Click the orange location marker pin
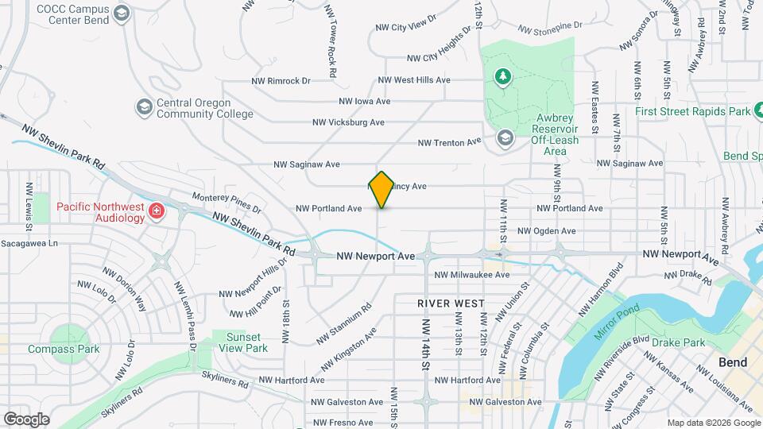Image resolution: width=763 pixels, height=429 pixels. tap(381, 189)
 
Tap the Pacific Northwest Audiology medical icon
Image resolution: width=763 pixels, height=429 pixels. tap(157, 211)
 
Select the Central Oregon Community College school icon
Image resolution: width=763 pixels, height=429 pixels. tap(144, 106)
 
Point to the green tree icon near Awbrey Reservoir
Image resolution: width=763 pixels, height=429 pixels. tap(502, 76)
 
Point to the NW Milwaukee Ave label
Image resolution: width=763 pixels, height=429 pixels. tap(471, 275)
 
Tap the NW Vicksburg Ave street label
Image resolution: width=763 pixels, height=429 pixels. tap(348, 122)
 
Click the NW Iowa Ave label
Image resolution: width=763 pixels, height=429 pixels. tap(364, 101)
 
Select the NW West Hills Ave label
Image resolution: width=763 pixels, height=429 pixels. tap(413, 80)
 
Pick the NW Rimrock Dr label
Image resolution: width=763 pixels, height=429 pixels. tap(280, 80)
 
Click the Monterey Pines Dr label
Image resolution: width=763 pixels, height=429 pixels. tap(227, 203)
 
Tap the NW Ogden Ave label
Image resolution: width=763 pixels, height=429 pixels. tap(546, 231)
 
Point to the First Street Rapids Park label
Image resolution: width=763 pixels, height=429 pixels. tap(693, 112)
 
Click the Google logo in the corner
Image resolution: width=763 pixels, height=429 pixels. tap(26, 419)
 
